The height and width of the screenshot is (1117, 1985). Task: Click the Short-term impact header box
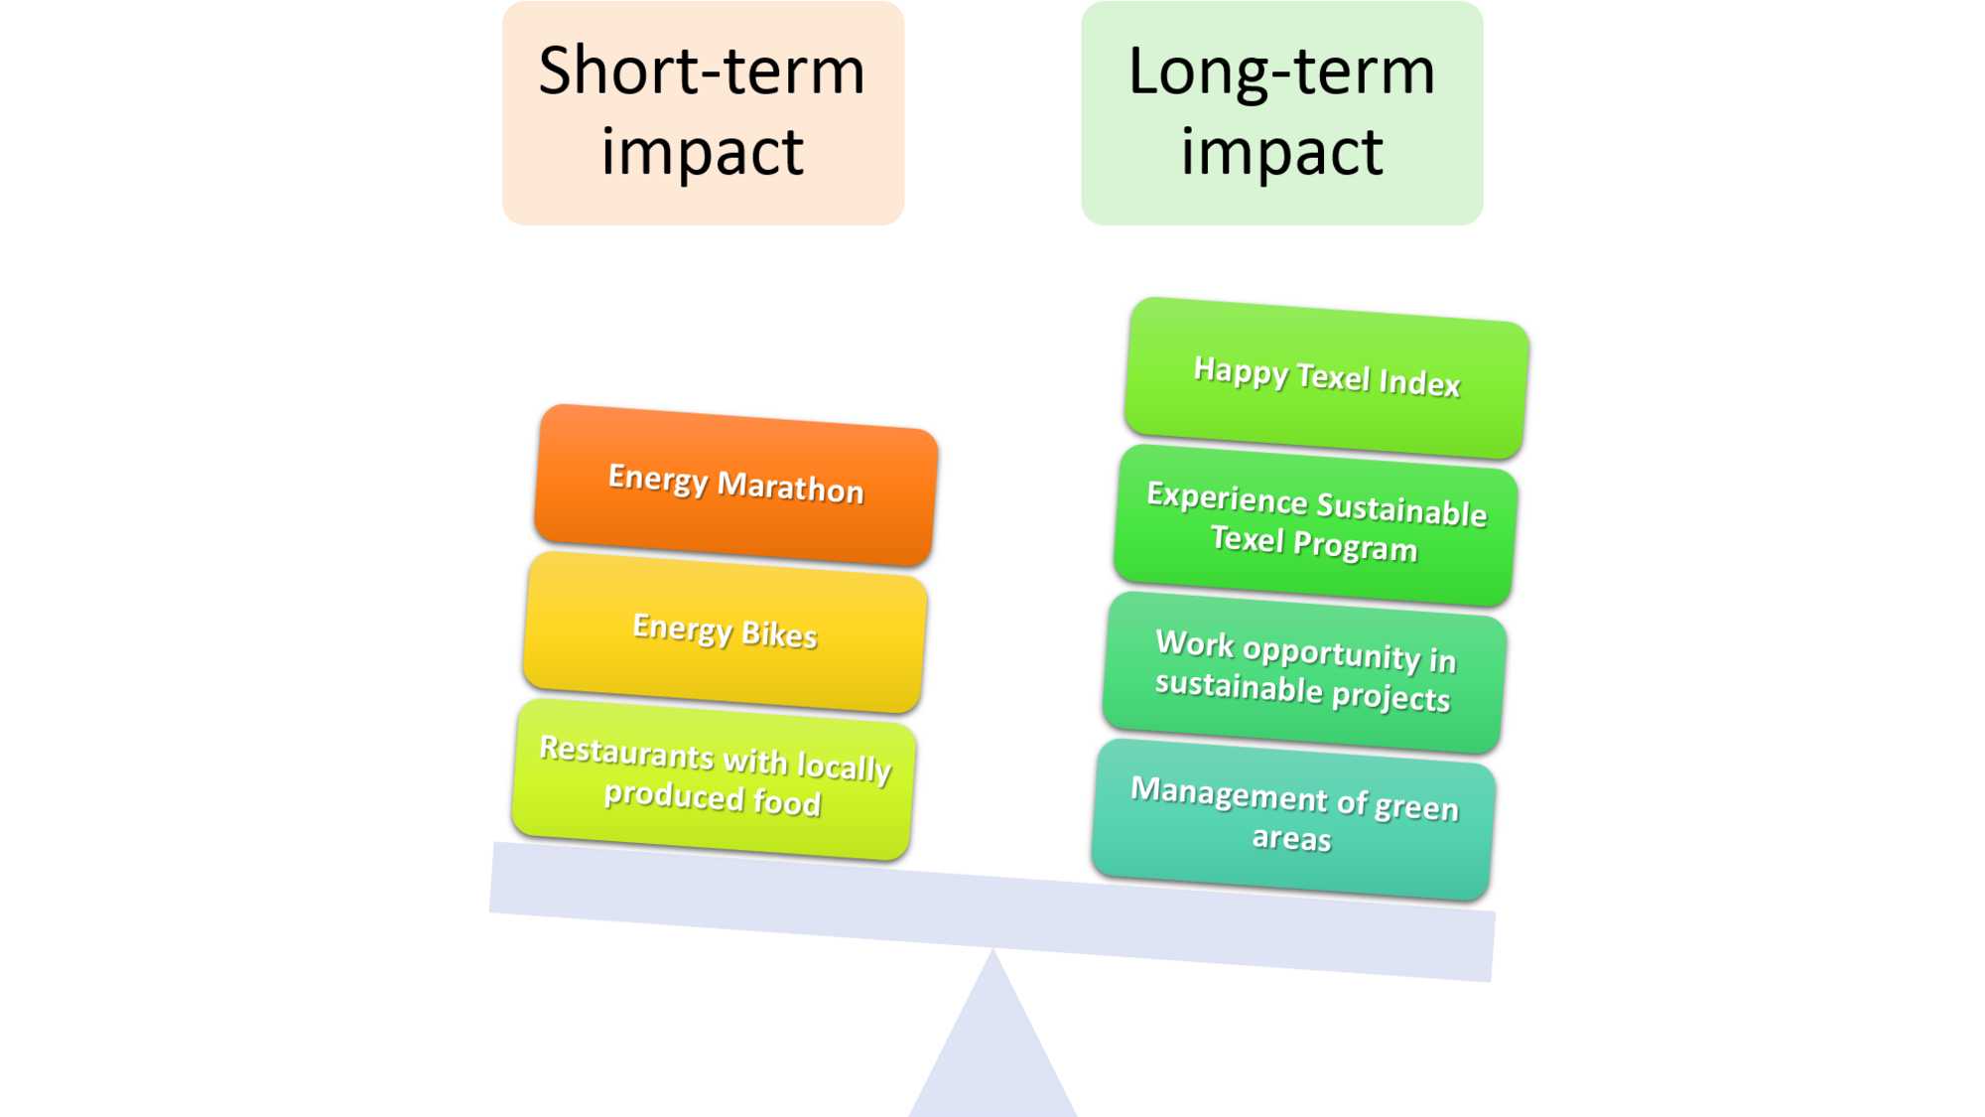click(703, 112)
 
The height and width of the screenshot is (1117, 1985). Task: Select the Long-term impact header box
click(1282, 112)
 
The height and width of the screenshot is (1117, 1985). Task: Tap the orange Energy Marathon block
click(735, 485)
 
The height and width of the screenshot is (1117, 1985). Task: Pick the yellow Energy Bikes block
click(726, 631)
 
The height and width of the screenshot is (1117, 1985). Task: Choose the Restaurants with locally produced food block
click(714, 779)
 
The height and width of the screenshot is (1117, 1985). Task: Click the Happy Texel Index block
click(1327, 377)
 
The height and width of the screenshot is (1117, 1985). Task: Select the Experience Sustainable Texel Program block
click(1316, 524)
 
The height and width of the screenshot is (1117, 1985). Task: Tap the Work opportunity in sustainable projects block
click(1304, 672)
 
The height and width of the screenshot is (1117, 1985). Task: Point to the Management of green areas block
click(1293, 819)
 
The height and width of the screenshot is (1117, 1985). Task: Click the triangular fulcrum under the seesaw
click(992, 1047)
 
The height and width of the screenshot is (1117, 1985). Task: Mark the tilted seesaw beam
click(992, 911)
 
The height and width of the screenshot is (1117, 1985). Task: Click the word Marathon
click(790, 488)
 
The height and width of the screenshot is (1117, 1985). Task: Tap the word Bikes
click(779, 634)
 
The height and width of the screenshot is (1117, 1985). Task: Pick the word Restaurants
click(626, 752)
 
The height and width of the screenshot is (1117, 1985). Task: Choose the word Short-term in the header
click(702, 71)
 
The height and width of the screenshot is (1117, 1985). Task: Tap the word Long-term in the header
click(1282, 72)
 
